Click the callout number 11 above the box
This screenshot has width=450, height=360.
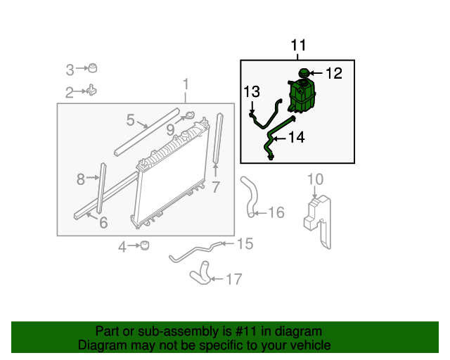pos(299,46)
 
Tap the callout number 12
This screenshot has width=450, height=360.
pos(333,72)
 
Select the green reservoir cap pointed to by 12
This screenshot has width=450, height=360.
pos(303,73)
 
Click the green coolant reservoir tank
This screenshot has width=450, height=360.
pos(302,96)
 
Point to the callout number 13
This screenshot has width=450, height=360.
pos(252,91)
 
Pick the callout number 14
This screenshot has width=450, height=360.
pos(296,137)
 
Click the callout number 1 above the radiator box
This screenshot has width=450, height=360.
pos(186,85)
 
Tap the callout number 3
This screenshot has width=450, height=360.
pos(70,69)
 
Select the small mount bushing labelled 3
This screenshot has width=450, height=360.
pos(91,68)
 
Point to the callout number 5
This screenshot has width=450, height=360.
pos(131,120)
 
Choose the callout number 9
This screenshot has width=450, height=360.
pos(171,129)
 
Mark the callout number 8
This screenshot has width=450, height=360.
pos(81,179)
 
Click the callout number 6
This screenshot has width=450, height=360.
pos(103,223)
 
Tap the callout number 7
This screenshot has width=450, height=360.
pos(216,187)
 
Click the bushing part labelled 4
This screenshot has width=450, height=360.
pos(144,245)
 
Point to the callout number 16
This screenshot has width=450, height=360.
pos(276,212)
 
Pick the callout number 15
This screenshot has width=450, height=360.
pos(244,243)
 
